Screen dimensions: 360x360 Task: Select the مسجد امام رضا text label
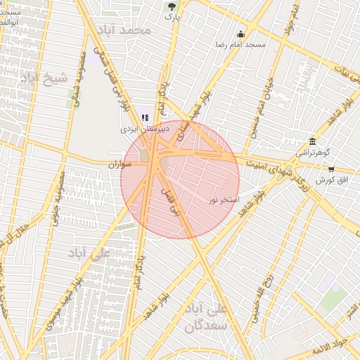pos(241,44)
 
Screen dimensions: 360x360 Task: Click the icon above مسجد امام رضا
pos(241,34)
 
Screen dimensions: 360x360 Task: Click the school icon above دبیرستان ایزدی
pos(145,118)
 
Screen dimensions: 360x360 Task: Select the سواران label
pos(120,164)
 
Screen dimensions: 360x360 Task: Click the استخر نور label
pos(224,200)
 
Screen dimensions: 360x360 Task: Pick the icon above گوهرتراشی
pos(312,141)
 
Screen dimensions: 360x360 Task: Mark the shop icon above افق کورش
pos(331,169)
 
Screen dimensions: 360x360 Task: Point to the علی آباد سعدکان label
pos(206,317)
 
